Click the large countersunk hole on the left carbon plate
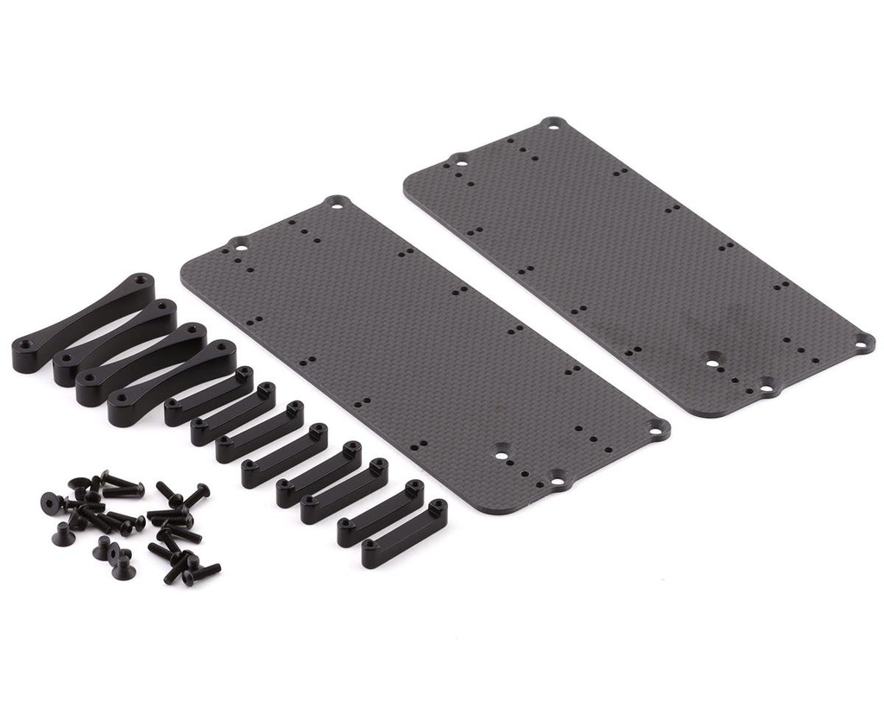pyautogui.click(x=502, y=451)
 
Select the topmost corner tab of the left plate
pyautogui.click(x=337, y=204)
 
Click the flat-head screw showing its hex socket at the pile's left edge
pyautogui.click(x=51, y=501)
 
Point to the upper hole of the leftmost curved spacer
pyautogui.click(x=139, y=282)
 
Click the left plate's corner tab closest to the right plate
pyautogui.click(x=658, y=427)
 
